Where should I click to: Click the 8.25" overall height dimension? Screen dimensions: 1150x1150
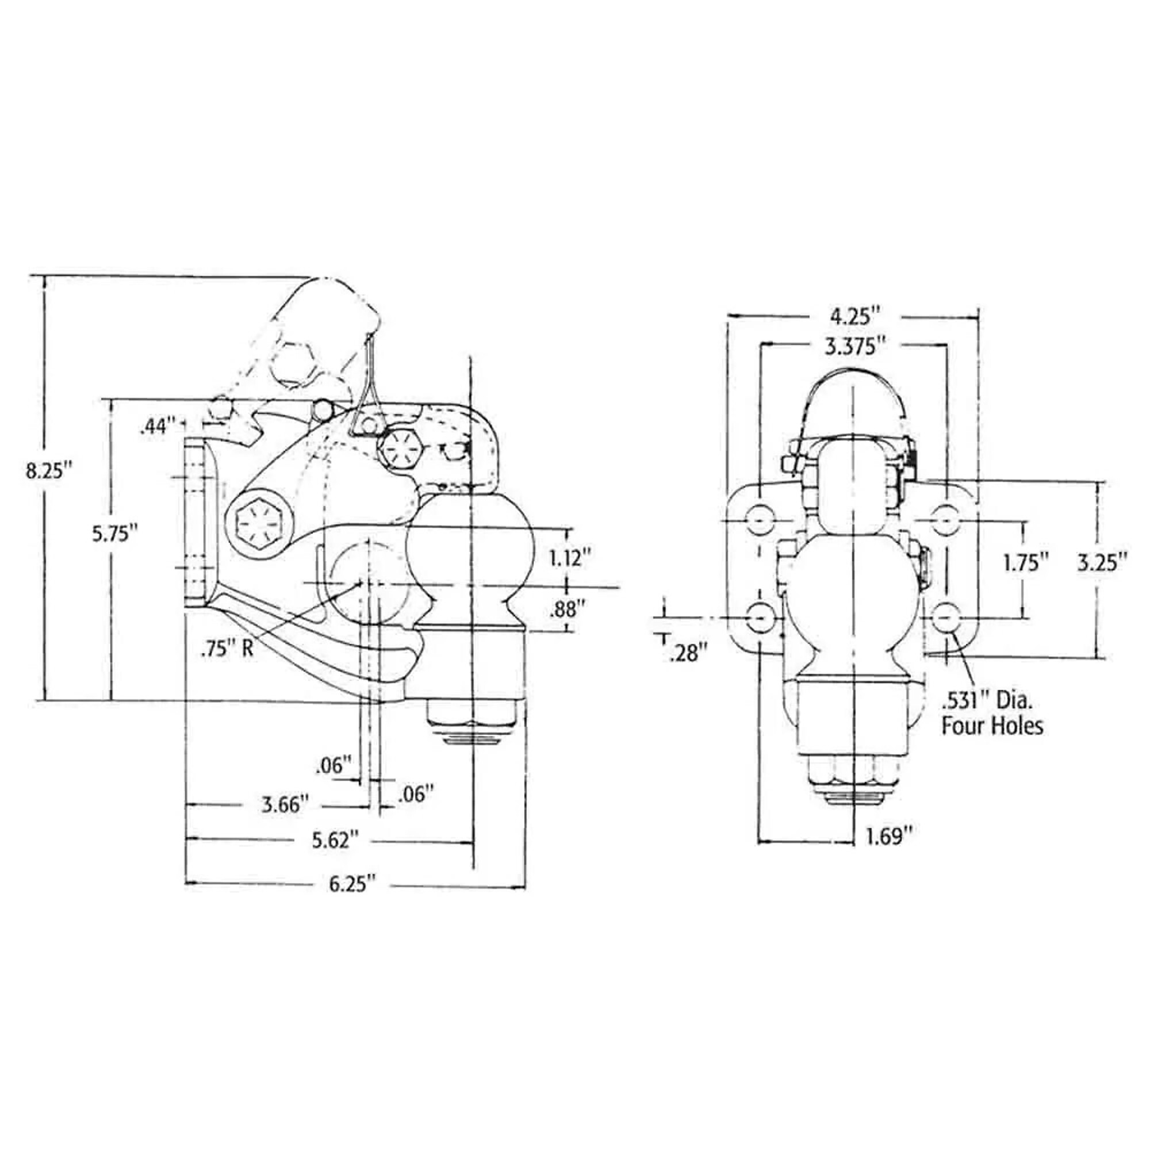[x=48, y=471]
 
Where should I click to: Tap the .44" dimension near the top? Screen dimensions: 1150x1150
[x=156, y=427]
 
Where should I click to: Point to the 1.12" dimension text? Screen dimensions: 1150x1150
[x=570, y=558]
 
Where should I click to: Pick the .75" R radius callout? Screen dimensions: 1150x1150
[x=227, y=648]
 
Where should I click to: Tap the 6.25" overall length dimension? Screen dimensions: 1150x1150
[x=353, y=883]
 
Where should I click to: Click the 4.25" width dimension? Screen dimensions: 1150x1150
[x=856, y=316]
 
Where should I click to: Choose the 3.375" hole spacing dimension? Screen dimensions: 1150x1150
[x=852, y=346]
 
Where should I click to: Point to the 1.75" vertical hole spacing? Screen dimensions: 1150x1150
[x=1026, y=562]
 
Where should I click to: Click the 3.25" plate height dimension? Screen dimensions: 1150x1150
[x=1103, y=562]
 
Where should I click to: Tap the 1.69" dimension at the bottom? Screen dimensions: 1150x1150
[x=890, y=837]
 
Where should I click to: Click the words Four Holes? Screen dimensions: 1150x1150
[x=992, y=726]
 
